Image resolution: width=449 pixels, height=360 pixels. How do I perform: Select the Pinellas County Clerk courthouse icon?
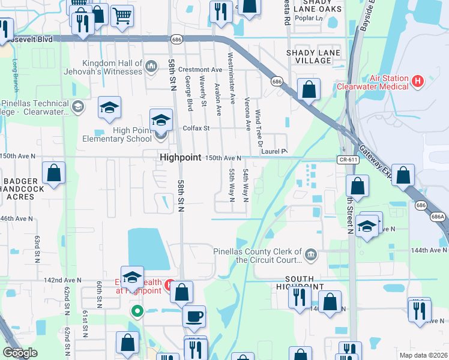[311, 254]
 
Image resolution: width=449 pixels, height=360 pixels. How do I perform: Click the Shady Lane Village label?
[313, 57]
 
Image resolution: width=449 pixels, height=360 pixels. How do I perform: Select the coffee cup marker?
[194, 316]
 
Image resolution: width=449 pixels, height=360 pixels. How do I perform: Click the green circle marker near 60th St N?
[137, 311]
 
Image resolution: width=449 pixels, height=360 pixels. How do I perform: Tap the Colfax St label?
[196, 128]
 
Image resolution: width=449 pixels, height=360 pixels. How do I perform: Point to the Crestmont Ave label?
[188, 70]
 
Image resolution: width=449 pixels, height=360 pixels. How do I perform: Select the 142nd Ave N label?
[62, 280]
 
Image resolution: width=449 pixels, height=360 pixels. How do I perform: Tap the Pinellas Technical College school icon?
[77, 107]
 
